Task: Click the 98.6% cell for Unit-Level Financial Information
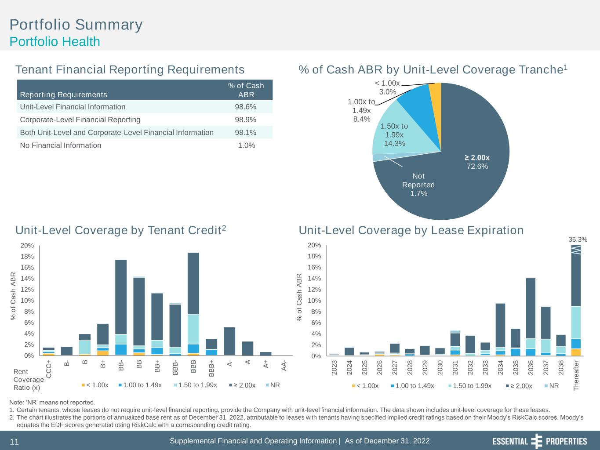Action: tap(246, 107)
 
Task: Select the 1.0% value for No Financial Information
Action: tap(246, 145)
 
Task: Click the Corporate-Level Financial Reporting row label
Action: tap(80, 120)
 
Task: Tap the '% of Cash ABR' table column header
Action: tap(246, 90)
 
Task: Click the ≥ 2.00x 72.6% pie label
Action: tap(477, 162)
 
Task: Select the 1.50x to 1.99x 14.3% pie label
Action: tap(394, 135)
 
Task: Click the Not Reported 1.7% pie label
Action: tap(418, 185)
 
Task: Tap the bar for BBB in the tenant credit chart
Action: tap(193, 304)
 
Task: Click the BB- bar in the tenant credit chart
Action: tap(121, 307)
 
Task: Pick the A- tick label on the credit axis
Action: tap(230, 364)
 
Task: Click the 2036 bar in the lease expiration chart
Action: tap(531, 316)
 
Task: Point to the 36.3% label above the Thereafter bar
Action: tap(578, 240)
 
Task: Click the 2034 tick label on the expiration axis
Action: tap(500, 367)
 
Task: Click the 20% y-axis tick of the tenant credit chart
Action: tap(28, 245)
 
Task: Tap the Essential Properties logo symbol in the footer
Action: tap(537, 441)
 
